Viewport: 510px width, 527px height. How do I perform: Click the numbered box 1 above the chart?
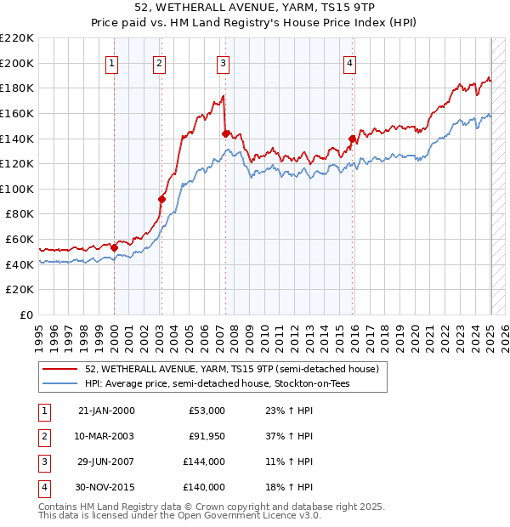[113, 62]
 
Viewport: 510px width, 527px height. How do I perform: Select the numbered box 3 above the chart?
[223, 62]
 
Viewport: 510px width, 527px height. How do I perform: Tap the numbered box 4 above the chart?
[350, 62]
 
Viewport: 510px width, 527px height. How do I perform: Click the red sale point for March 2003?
[161, 199]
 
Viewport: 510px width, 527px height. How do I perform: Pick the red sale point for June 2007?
[225, 133]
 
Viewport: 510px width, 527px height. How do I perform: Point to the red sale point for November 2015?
[352, 139]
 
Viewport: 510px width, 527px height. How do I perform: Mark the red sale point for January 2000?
[114, 247]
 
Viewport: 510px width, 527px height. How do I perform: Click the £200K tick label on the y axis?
[17, 63]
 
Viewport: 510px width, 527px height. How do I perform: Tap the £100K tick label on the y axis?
[17, 189]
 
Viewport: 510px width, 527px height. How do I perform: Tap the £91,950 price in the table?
[207, 436]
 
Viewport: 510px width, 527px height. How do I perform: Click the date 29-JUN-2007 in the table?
[106, 462]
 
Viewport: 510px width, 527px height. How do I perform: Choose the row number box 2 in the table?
[43, 436]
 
